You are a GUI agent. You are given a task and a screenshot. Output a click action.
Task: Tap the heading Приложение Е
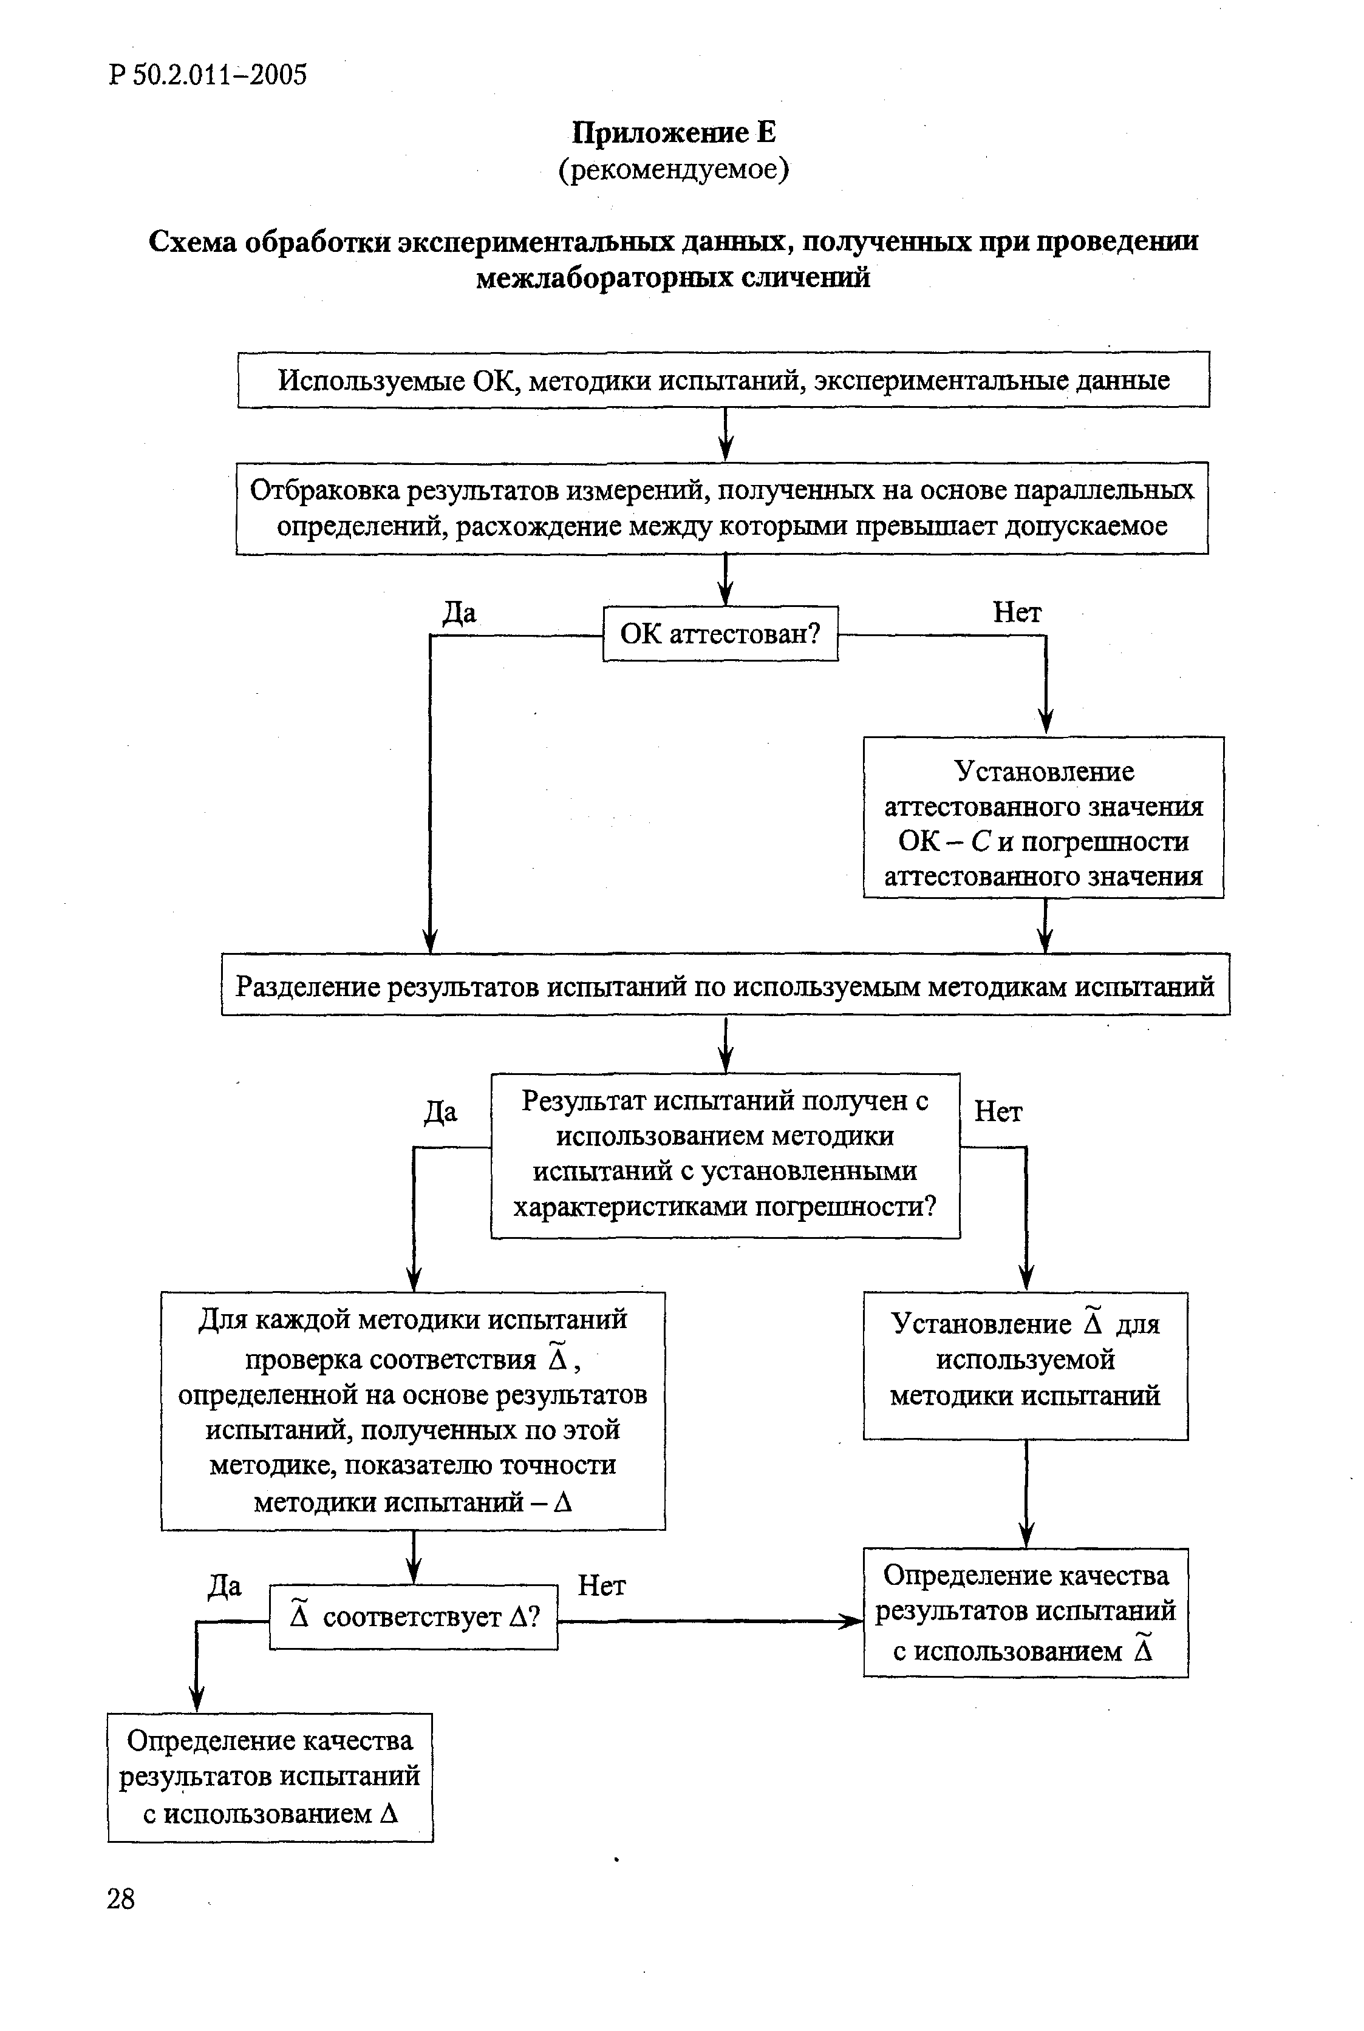(x=673, y=132)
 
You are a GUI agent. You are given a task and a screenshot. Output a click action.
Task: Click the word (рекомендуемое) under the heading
(x=673, y=169)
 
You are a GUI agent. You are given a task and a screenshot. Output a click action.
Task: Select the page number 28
(x=121, y=1899)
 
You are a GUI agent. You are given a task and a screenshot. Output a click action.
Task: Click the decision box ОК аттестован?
(x=720, y=634)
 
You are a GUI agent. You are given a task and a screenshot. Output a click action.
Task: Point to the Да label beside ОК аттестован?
(x=459, y=613)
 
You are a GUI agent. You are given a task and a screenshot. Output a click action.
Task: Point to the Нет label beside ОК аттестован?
(x=1017, y=613)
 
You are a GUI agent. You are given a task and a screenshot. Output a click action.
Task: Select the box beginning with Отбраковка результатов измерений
(x=722, y=509)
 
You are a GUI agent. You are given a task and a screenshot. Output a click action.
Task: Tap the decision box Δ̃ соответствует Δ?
(x=413, y=1617)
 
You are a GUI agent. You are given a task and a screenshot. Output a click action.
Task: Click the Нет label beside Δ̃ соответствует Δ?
(x=601, y=1587)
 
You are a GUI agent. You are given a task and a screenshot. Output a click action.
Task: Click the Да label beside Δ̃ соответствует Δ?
(x=225, y=1587)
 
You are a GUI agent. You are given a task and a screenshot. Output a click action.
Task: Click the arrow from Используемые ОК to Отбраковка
(x=726, y=434)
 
